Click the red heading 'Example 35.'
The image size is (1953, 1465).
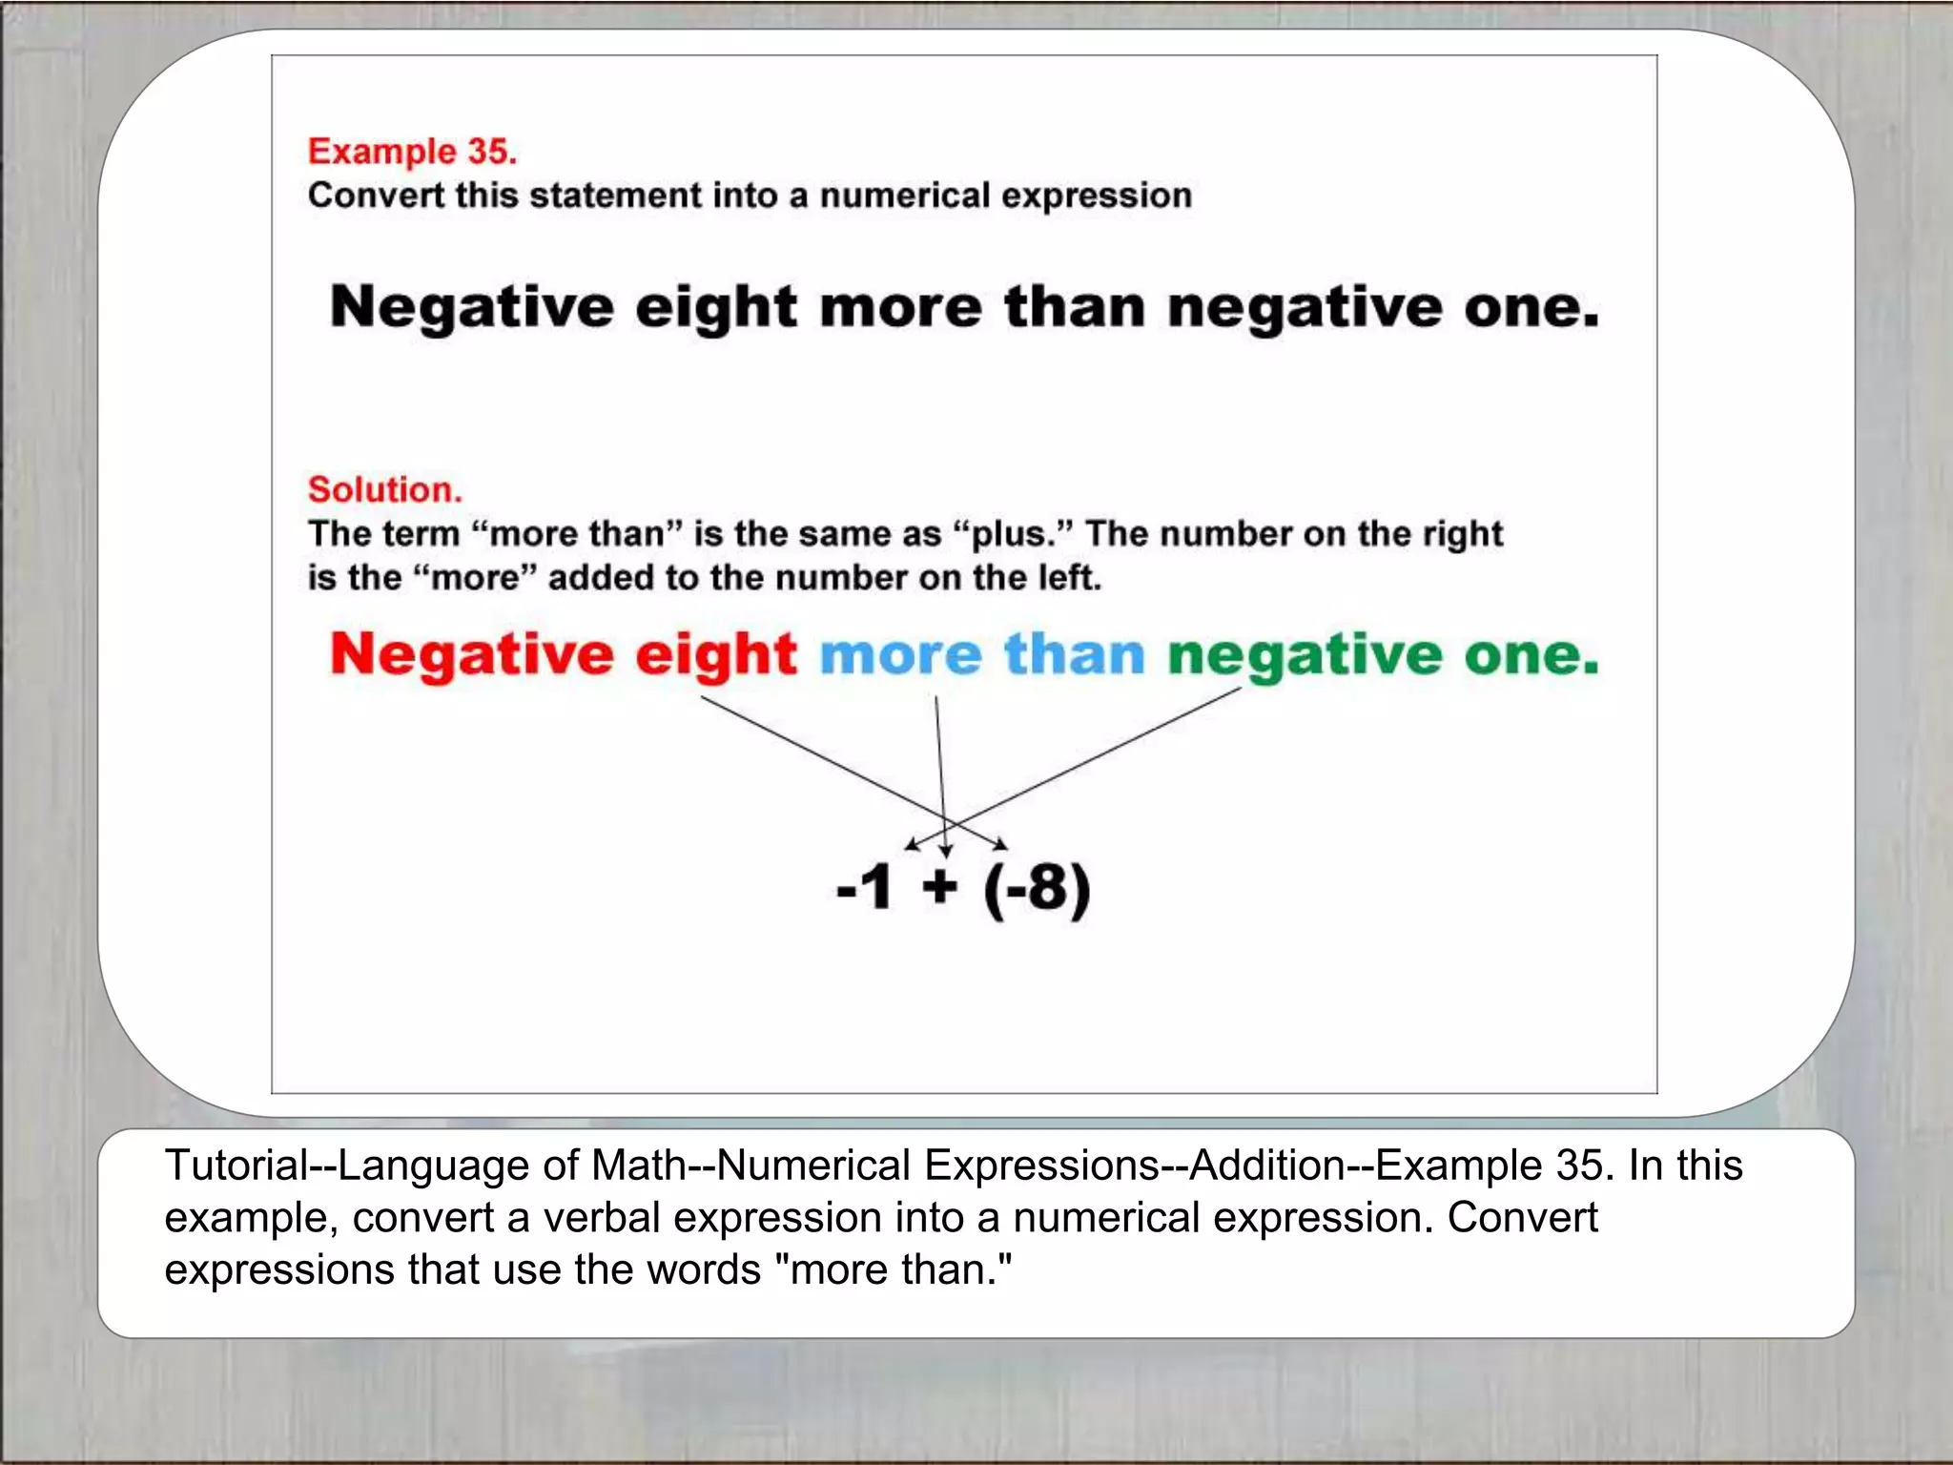click(412, 152)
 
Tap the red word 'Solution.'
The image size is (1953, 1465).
click(384, 489)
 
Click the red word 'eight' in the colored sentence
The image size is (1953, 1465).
click(715, 655)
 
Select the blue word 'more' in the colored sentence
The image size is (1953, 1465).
click(900, 655)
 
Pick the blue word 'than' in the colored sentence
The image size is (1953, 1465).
click(1074, 655)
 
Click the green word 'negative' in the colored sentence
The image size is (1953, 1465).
click(1305, 655)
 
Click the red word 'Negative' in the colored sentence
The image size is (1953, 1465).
click(472, 655)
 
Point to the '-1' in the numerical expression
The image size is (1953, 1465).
click(864, 887)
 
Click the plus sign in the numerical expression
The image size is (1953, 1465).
click(939, 887)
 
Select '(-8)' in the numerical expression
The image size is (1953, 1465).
click(1037, 889)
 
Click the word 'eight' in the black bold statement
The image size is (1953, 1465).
click(715, 308)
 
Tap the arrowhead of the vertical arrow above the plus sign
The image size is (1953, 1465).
click(945, 851)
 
